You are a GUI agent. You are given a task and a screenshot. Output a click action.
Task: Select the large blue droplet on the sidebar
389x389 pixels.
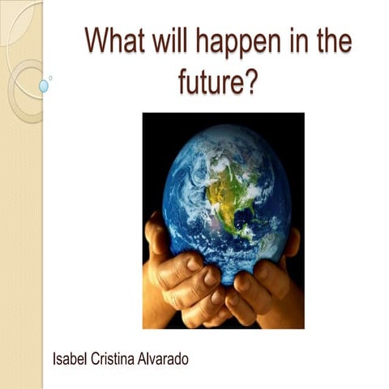pos(43,85)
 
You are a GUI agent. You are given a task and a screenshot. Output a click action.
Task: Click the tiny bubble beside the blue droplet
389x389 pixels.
pos(51,78)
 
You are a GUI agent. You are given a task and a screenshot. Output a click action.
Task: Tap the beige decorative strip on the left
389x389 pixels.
pos(21,243)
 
